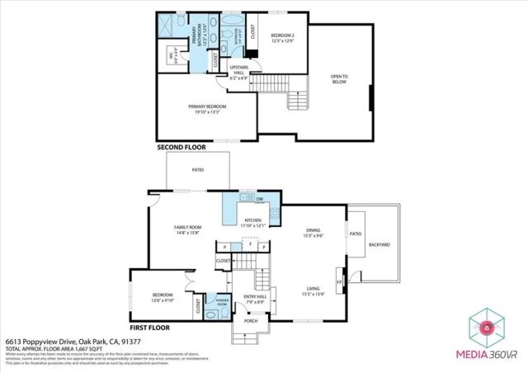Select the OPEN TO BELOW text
[x=339, y=79]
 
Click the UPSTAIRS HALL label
[x=238, y=72]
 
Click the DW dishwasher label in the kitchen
[x=259, y=200]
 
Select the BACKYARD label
[x=379, y=245]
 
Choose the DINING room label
[x=313, y=233]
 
